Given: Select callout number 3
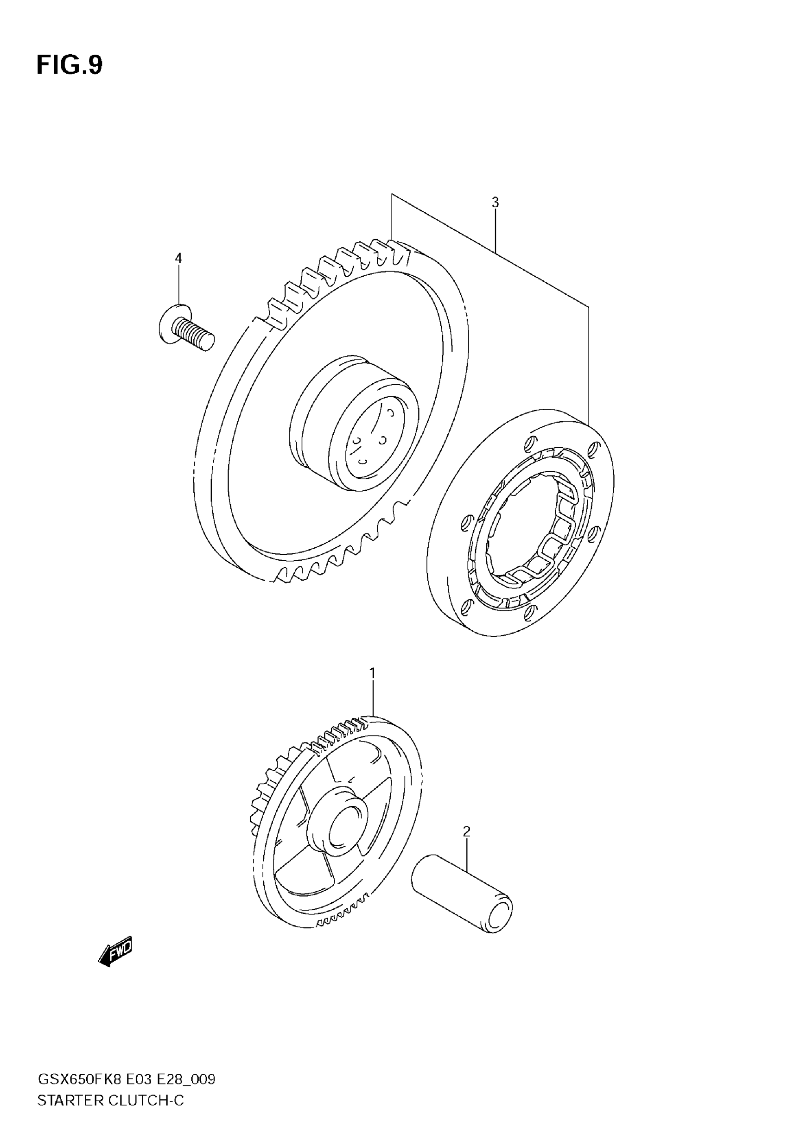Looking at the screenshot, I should pyautogui.click(x=495, y=203).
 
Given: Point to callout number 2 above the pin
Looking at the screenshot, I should pyautogui.click(x=467, y=831).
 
